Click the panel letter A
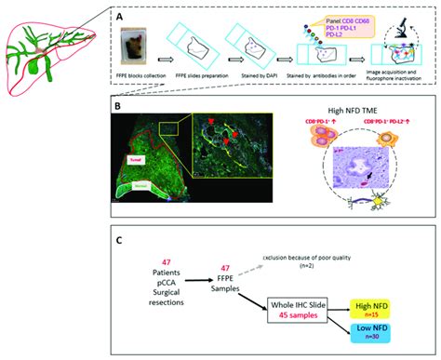[118, 16]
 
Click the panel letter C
[118, 242]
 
